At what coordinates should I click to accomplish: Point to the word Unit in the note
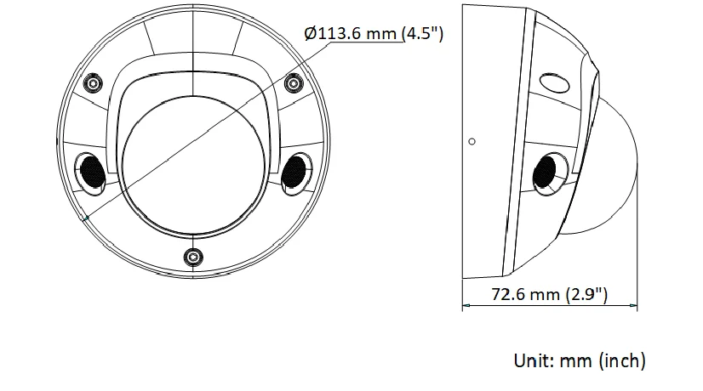pyautogui.click(x=534, y=360)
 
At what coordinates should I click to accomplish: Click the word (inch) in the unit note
pyautogui.click(x=622, y=360)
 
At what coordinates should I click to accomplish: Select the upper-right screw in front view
pyautogui.click(x=294, y=83)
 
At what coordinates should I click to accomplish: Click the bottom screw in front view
pyautogui.click(x=194, y=257)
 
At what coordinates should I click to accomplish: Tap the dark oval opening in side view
pyautogui.click(x=546, y=173)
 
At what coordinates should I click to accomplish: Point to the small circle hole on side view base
pyautogui.click(x=472, y=140)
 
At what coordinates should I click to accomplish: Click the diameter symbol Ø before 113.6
pyautogui.click(x=310, y=34)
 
